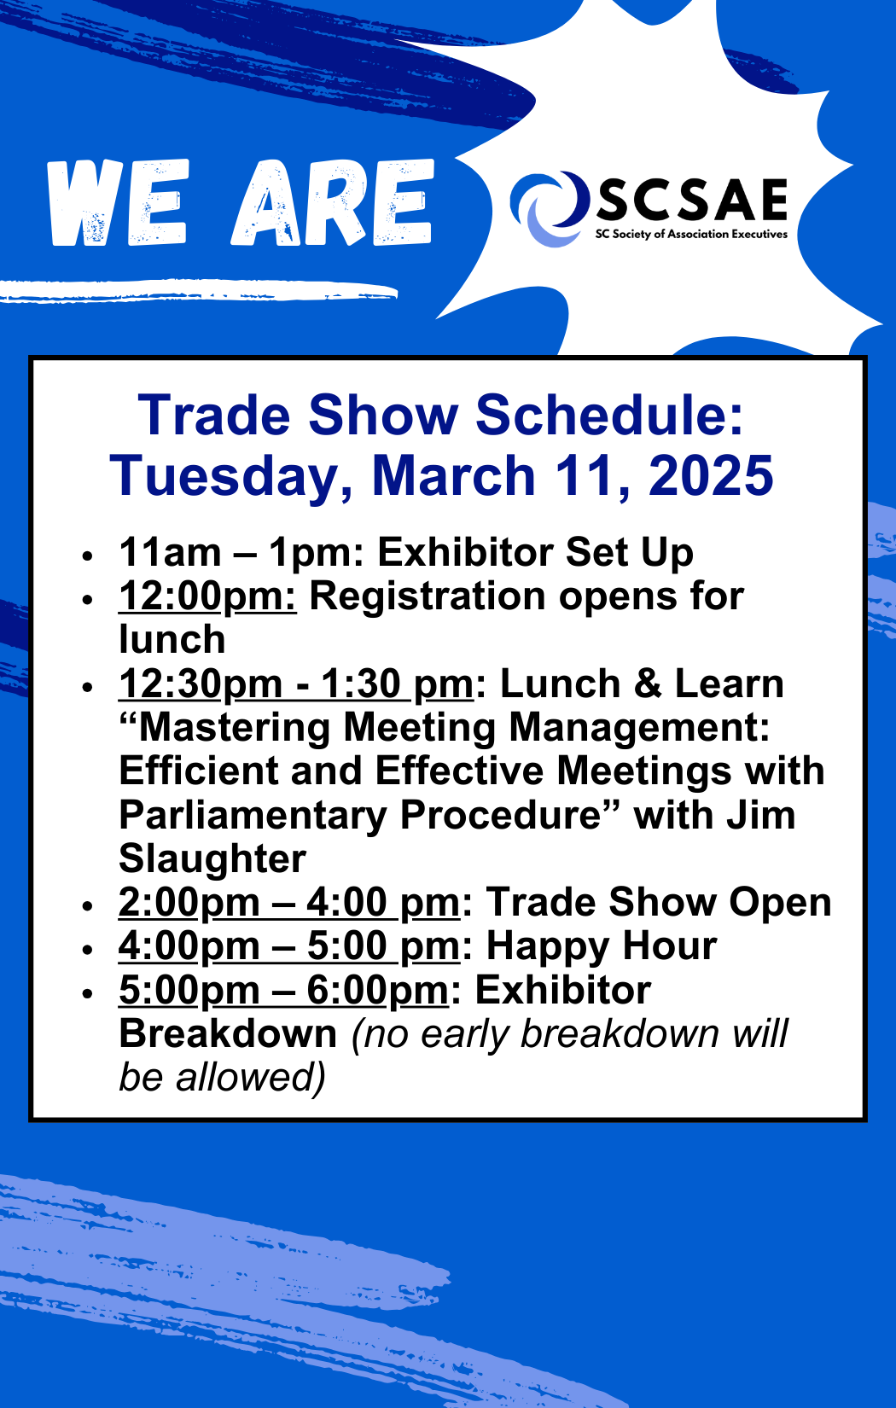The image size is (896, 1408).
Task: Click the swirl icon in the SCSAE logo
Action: coord(547,208)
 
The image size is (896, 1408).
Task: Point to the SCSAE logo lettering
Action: coord(692,200)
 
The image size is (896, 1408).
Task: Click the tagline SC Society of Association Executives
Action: coord(692,234)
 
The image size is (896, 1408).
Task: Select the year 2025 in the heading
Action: coord(711,476)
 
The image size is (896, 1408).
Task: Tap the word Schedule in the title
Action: coord(609,415)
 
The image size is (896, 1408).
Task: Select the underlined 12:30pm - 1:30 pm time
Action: coord(295,684)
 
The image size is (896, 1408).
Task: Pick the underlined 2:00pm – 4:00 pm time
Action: coord(289,903)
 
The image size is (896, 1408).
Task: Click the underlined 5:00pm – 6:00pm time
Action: coord(283,991)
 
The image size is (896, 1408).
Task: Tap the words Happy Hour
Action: coord(602,946)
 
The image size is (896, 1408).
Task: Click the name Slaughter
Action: coord(212,859)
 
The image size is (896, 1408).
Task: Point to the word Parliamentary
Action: coord(253,816)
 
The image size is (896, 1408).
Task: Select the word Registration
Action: coord(428,596)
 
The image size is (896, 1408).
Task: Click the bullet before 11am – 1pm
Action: coord(87,556)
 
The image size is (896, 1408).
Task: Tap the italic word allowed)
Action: coord(250,1078)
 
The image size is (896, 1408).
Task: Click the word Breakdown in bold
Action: coord(228,1034)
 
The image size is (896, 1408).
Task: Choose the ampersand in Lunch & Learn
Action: coord(648,684)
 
